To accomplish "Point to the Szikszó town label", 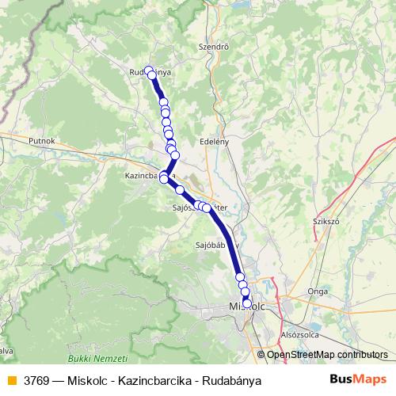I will click(x=326, y=223).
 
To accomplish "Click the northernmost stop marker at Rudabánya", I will click(x=148, y=70).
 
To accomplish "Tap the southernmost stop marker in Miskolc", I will click(x=247, y=303).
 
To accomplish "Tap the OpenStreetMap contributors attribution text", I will click(x=327, y=355).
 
